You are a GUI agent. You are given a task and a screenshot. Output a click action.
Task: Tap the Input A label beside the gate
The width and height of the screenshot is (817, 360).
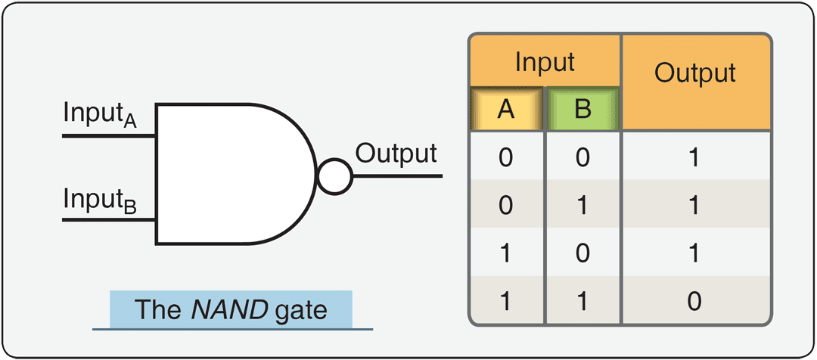pos(99,116)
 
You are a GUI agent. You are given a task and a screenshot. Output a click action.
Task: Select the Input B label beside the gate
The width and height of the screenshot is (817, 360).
pos(99,200)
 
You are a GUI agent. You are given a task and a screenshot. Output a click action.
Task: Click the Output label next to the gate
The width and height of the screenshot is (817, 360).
pos(396,154)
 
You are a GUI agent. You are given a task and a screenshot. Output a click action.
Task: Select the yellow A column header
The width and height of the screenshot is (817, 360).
pos(506,110)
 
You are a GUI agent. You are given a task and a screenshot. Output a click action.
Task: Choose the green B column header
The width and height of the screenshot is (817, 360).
pos(582,110)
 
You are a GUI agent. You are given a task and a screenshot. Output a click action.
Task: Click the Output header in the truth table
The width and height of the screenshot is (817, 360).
pos(695,73)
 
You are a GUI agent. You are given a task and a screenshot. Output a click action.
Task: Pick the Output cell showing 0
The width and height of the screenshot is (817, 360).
pos(695,302)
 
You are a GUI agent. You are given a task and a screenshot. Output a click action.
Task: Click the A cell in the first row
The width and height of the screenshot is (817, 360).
pos(506,158)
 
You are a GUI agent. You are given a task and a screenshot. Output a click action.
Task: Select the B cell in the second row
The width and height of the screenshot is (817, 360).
pos(582,206)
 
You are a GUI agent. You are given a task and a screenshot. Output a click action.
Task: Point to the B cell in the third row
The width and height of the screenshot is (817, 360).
pos(582,254)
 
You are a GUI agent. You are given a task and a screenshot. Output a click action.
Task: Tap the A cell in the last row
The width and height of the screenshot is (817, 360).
pos(506,302)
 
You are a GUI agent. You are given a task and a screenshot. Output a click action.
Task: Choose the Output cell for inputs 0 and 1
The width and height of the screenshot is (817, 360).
pos(695,206)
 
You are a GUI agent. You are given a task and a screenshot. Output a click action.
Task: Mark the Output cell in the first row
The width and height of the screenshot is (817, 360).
pos(695,158)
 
